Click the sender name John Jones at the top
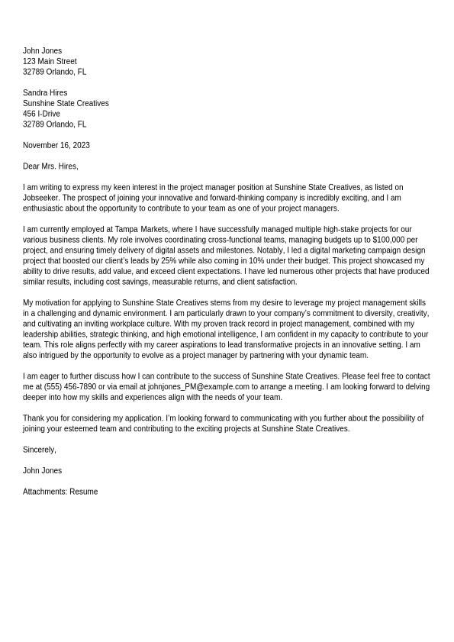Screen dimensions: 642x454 coord(42,51)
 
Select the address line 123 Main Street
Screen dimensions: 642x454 coord(50,62)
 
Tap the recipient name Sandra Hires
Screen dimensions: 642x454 coord(45,93)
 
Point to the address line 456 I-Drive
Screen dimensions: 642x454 coord(41,114)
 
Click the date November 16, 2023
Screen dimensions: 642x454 coord(56,145)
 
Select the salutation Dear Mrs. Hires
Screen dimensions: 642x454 coord(50,166)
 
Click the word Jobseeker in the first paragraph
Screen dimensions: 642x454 coord(40,198)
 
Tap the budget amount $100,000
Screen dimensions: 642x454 coord(389,240)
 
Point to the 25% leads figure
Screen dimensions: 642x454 coord(169,261)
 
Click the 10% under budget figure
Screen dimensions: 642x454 coord(256,261)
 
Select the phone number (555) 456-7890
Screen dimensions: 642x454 coord(70,387)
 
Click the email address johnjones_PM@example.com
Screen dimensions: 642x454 coord(198,387)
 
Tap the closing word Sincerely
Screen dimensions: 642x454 coord(39,450)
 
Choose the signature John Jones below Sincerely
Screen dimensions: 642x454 coord(42,471)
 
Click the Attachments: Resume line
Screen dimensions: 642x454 coord(60,492)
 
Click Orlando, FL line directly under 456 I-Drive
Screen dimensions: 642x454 coord(54,124)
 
